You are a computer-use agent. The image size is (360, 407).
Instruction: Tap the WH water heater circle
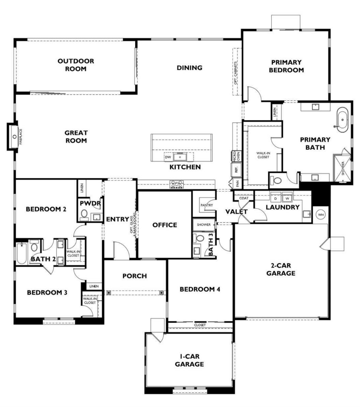[320, 214]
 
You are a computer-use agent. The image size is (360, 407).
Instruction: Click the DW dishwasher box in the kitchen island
[168, 157]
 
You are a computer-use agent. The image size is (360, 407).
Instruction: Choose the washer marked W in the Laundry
[287, 198]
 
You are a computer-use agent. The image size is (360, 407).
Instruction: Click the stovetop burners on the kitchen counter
[177, 184]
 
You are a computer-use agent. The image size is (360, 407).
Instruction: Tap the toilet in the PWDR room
[84, 214]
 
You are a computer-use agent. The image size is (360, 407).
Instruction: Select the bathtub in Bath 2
[21, 253]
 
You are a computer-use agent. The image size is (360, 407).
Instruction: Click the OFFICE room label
[165, 225]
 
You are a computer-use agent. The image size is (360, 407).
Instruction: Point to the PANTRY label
[207, 205]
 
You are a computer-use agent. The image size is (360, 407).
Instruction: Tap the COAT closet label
[244, 198]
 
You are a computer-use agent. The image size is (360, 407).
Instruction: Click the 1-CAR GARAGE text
[189, 360]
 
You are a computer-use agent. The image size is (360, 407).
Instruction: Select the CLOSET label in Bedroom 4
[200, 325]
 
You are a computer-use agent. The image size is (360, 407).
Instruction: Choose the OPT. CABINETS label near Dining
[236, 73]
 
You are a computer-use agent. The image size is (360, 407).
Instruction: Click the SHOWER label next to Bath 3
[204, 225]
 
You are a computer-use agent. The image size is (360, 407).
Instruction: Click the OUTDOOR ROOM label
[75, 65]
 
